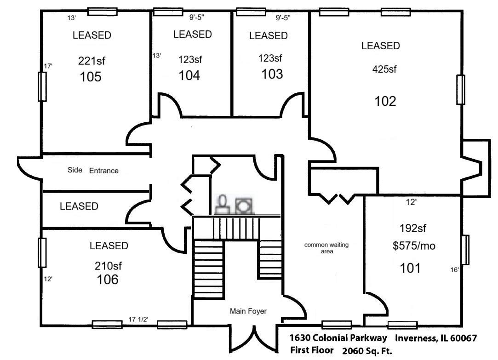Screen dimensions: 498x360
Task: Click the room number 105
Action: click(x=91, y=77)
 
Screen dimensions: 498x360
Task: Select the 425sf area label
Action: click(x=384, y=69)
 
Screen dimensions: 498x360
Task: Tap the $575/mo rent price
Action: click(x=414, y=246)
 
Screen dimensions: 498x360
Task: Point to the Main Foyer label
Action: click(x=248, y=311)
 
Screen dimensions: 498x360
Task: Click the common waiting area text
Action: click(x=326, y=248)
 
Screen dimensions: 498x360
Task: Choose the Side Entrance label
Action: click(x=93, y=170)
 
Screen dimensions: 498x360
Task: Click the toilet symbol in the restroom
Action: click(x=223, y=204)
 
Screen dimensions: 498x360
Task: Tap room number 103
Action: click(x=272, y=74)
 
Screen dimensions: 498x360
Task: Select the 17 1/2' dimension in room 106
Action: click(x=138, y=320)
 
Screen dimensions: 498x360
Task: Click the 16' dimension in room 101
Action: click(x=454, y=270)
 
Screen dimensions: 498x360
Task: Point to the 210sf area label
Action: click(x=108, y=266)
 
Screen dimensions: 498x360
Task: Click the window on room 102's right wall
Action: click(x=460, y=90)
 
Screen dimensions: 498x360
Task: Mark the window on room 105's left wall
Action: click(x=42, y=86)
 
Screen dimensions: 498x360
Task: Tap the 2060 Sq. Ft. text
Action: click(x=367, y=351)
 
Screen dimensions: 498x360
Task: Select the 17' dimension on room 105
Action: click(x=48, y=66)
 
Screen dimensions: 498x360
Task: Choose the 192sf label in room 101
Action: click(x=412, y=228)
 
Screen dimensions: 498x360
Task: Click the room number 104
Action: click(x=189, y=75)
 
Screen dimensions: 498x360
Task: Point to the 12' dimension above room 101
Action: click(x=411, y=202)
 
